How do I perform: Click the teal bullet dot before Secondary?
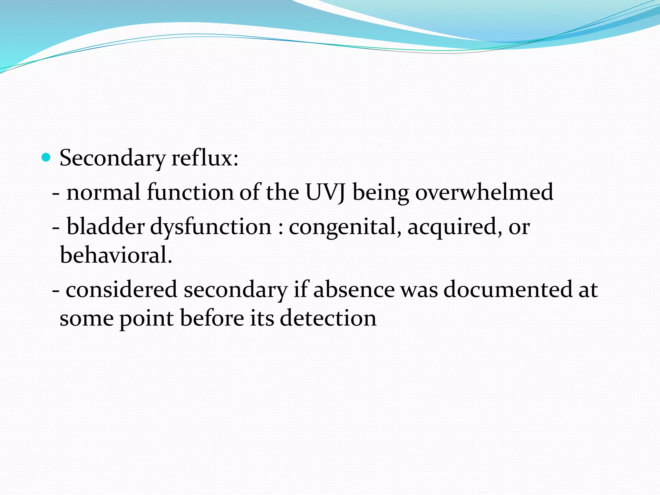46,158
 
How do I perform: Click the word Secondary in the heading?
112,159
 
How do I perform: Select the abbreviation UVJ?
325,192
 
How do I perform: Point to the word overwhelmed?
484,192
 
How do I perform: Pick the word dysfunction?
211,227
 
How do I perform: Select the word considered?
121,289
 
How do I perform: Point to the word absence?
354,289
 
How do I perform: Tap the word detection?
328,318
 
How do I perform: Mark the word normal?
103,192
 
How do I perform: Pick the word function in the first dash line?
190,192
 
